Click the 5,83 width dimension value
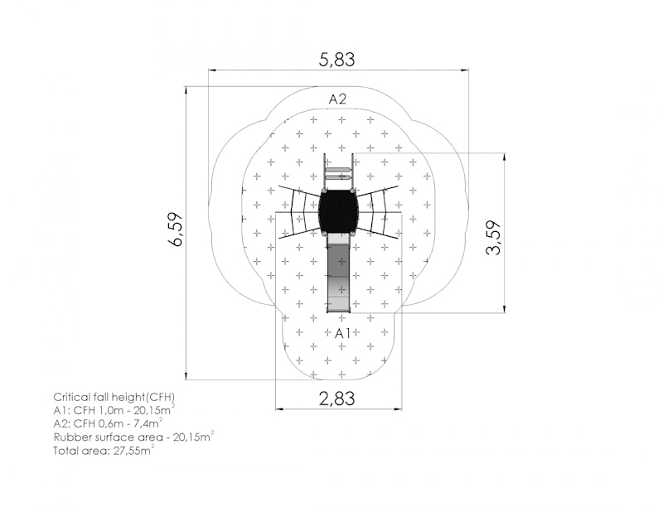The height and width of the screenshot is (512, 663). tap(336, 60)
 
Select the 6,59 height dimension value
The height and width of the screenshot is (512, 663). tap(176, 229)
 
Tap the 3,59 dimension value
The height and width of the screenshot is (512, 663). tap(493, 238)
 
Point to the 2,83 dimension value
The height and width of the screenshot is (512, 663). tap(336, 398)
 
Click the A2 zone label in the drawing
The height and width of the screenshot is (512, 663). tap(337, 99)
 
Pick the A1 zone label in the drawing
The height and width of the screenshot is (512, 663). tap(342, 334)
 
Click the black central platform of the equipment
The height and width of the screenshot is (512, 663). tap(338, 211)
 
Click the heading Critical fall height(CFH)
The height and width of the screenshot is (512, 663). tap(114, 397)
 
